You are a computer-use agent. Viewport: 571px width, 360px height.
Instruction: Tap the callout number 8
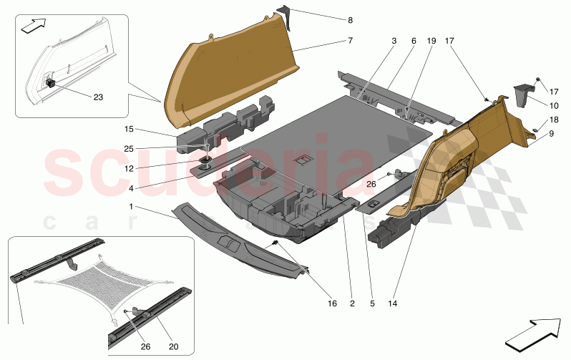coord(350,20)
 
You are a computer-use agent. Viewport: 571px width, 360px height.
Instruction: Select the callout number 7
coord(350,41)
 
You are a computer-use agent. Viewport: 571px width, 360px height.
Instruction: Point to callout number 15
coord(129,130)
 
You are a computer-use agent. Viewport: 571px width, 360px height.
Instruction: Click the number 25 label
coord(129,149)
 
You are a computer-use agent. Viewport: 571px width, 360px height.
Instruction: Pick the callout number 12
coord(129,169)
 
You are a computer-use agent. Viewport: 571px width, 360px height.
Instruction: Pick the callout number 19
coord(431,41)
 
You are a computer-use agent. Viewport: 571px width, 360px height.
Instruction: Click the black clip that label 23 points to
coord(52,82)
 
